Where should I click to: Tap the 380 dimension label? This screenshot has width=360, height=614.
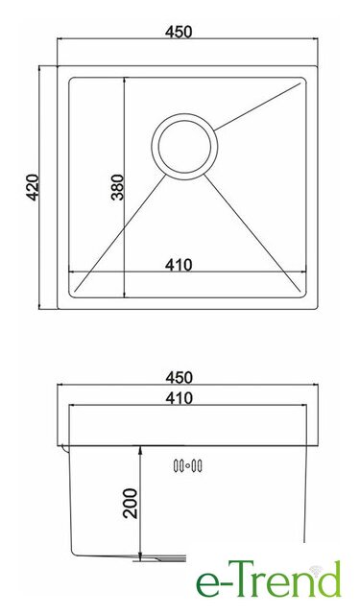point(117,187)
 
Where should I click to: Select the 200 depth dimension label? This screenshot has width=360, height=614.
point(131,504)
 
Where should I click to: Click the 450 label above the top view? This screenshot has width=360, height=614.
point(179,32)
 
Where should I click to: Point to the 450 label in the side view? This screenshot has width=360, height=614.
point(179,377)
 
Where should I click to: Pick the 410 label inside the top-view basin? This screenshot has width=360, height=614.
point(179,265)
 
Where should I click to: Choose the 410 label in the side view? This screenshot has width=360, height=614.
point(179,398)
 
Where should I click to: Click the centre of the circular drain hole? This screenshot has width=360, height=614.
point(184,147)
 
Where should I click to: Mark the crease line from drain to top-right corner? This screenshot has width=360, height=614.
point(257,106)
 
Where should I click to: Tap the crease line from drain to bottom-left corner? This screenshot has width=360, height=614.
point(120,232)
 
